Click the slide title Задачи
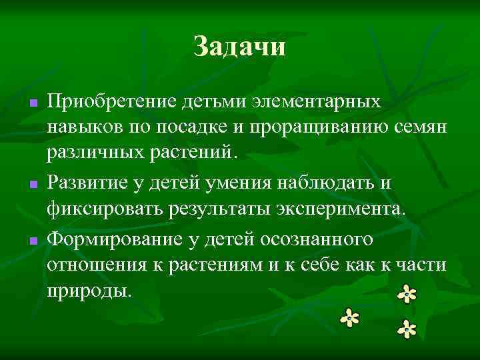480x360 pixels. coord(239,47)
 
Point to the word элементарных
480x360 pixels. coord(317,103)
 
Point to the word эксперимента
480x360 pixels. coord(340,208)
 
